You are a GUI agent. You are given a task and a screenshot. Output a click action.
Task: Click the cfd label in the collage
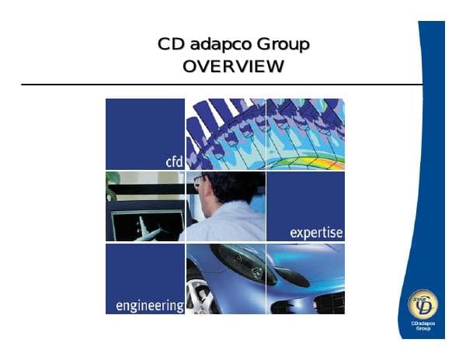click(174, 161)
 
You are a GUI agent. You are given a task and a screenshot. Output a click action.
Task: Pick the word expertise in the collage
click(315, 232)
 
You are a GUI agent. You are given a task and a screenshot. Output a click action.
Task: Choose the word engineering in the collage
click(149, 305)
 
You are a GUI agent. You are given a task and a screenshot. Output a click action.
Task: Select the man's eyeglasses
click(200, 182)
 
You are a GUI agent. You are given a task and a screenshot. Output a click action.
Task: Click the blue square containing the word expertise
click(305, 206)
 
